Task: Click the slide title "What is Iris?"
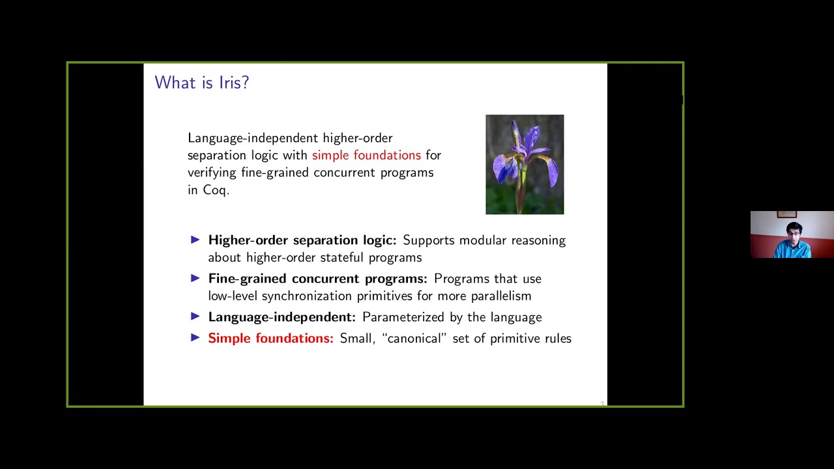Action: tap(201, 83)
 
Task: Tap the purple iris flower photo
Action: tap(525, 164)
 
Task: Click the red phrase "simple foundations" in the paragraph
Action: tap(366, 155)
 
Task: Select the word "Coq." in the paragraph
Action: tap(216, 190)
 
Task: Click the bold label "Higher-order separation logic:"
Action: tap(302, 240)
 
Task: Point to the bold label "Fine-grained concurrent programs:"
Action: tap(317, 279)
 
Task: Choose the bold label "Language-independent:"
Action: tap(281, 317)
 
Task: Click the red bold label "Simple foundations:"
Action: tap(270, 338)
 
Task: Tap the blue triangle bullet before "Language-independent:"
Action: tap(195, 317)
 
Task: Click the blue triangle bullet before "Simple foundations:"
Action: tap(195, 337)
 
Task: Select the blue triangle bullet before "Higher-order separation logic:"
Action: tap(195, 240)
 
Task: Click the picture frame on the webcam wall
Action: tap(786, 214)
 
